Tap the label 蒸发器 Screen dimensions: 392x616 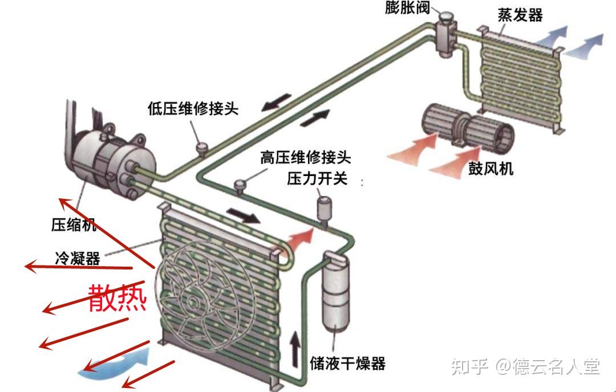pos(520,15)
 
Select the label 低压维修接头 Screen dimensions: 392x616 pos(192,108)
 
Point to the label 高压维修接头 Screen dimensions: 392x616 pos(306,157)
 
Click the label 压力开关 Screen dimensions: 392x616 pos(317,178)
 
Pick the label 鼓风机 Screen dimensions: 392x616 pos(491,169)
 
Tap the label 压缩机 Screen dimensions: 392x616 pos(74,225)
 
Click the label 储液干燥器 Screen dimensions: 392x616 pos(347,363)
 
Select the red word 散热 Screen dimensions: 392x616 pos(117,297)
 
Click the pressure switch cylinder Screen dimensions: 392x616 pos(325,209)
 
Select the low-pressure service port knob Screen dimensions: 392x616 pos(201,148)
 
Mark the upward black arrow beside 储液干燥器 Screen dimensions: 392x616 pos(295,349)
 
